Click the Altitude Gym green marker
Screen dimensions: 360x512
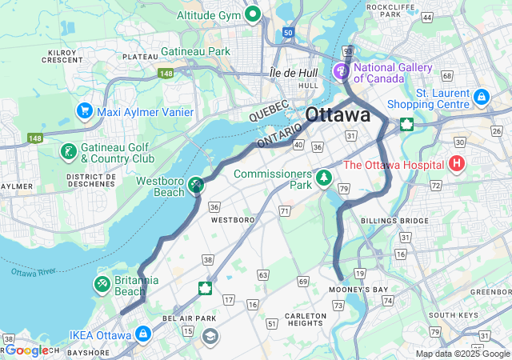(254, 13)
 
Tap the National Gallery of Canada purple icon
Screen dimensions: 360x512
(343, 72)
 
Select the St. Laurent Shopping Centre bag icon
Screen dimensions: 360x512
(481, 98)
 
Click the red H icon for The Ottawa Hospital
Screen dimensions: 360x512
(457, 165)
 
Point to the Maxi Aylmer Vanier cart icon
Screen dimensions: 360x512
(84, 111)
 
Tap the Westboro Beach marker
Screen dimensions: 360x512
(195, 185)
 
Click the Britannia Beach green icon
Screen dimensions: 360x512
(102, 284)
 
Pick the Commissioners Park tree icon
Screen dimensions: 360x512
(323, 177)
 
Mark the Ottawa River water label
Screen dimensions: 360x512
(29, 272)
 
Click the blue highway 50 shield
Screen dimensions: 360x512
(287, 33)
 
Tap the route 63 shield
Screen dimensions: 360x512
(262, 275)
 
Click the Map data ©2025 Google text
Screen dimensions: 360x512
(462, 354)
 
